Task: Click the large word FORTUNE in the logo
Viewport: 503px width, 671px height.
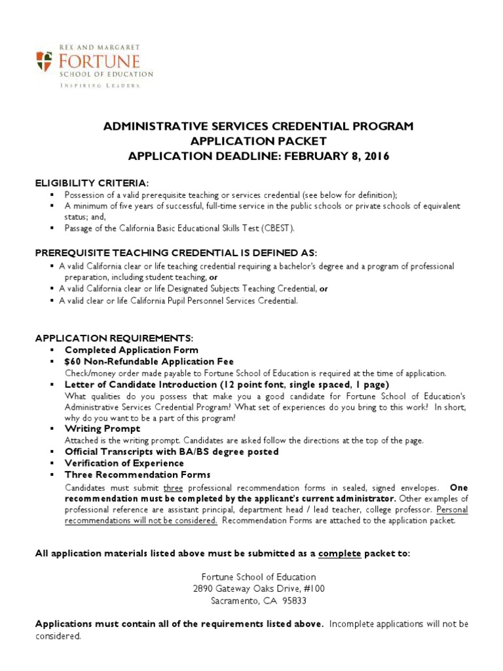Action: coord(96,62)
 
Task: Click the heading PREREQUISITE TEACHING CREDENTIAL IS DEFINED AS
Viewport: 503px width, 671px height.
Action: coord(176,253)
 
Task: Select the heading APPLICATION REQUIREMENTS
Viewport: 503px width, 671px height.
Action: coord(114,338)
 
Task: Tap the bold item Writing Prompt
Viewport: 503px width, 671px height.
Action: coord(102,429)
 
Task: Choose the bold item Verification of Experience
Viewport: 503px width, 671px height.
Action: coord(124,463)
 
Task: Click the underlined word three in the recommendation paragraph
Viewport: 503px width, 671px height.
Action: coord(173,488)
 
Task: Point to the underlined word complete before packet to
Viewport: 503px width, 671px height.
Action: coord(339,554)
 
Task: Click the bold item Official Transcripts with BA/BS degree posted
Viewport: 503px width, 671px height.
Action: coord(172,451)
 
